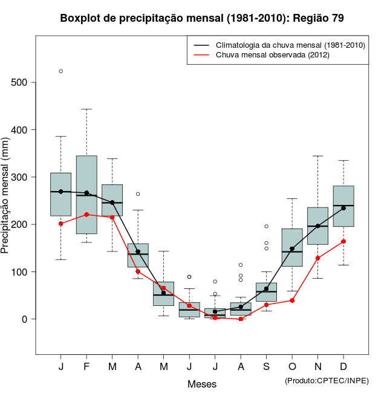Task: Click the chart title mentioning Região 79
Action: pos(202,18)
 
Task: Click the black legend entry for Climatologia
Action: pos(290,45)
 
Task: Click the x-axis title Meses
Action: pos(201,384)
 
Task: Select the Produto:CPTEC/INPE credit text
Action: pos(326,380)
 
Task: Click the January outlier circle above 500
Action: pos(61,71)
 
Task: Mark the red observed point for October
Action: pos(292,300)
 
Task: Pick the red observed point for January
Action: pos(61,224)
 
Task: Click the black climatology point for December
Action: pos(343,208)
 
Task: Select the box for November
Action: pos(317,226)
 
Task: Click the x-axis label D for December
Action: pos(343,367)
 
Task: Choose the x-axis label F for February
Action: pos(86,367)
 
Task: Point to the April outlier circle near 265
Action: pos(138,194)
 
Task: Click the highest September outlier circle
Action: pos(266,226)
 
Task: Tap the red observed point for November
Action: pos(317,258)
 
